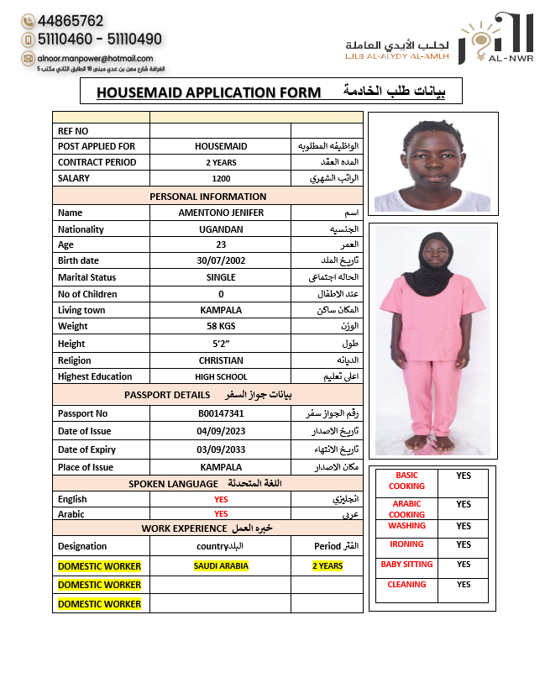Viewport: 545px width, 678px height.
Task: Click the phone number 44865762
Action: tap(71, 21)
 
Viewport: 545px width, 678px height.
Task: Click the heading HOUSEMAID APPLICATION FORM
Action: tap(208, 92)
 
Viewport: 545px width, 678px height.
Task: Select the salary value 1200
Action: tap(221, 179)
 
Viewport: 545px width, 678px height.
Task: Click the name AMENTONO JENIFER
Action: tap(221, 213)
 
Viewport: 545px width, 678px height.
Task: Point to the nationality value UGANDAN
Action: tap(221, 229)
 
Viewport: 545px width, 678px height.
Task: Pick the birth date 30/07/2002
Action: tap(221, 261)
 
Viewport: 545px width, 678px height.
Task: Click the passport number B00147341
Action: tap(221, 413)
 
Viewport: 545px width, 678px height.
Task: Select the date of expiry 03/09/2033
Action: tap(221, 449)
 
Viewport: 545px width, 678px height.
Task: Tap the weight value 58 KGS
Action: tap(221, 326)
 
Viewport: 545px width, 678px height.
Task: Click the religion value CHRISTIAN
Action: tap(221, 360)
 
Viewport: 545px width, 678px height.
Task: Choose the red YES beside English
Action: tap(221, 499)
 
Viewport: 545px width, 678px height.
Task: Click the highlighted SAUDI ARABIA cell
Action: tap(221, 565)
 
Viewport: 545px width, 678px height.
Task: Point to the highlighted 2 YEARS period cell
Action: tap(328, 565)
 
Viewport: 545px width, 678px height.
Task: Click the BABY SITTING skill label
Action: tap(406, 565)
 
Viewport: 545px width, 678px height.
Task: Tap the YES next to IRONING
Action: tap(464, 544)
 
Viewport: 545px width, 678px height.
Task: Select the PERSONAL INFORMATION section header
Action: tap(207, 197)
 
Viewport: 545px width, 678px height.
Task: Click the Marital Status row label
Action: tap(87, 277)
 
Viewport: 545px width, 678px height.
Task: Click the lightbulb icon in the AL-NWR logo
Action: tap(479, 41)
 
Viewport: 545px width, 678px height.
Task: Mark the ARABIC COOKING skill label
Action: tap(406, 509)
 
